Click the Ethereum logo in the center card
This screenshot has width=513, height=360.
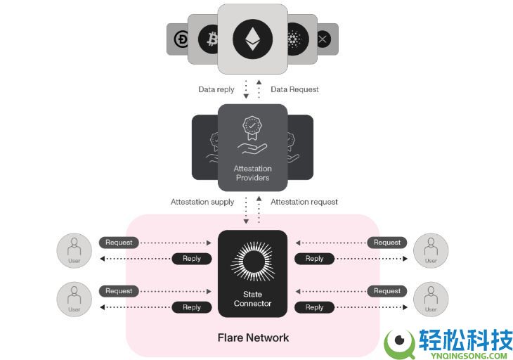click(252, 39)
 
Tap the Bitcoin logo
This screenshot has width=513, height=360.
click(209, 39)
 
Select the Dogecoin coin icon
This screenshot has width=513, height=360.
click(181, 39)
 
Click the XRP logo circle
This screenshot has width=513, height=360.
click(323, 39)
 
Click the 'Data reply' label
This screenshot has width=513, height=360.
click(216, 89)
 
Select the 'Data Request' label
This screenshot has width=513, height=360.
click(294, 89)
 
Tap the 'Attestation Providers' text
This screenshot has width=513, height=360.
click(252, 173)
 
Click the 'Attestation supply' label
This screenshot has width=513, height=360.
click(202, 202)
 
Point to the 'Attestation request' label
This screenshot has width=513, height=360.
click(304, 202)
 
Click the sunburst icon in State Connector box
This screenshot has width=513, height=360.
click(252, 261)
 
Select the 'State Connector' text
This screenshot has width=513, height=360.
click(252, 299)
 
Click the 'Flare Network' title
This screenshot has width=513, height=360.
click(253, 337)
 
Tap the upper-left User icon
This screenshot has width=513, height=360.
click(74, 251)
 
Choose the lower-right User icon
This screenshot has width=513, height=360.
click(431, 299)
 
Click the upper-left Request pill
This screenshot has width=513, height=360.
click(119, 243)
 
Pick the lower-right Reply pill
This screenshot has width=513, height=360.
click(314, 307)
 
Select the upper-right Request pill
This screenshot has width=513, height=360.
click(387, 243)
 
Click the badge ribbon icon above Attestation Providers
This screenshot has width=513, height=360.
click(252, 128)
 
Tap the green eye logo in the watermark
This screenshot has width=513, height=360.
click(400, 343)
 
